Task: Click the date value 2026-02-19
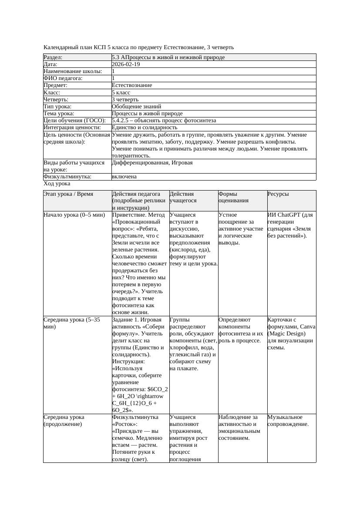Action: coord(126,64)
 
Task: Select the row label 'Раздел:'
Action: coord(53,57)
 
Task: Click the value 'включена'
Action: coord(124,177)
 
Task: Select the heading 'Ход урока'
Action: coord(57,184)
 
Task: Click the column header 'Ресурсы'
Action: coord(278,194)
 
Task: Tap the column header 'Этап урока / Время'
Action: coord(68,194)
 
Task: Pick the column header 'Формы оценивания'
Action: coord(233,197)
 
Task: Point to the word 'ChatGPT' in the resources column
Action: coord(289,215)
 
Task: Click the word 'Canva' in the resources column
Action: coord(307,327)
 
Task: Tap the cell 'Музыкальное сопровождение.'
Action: coord(288,420)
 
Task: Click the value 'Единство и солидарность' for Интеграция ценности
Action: coord(145,127)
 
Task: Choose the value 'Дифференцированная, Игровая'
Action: coord(152,163)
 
